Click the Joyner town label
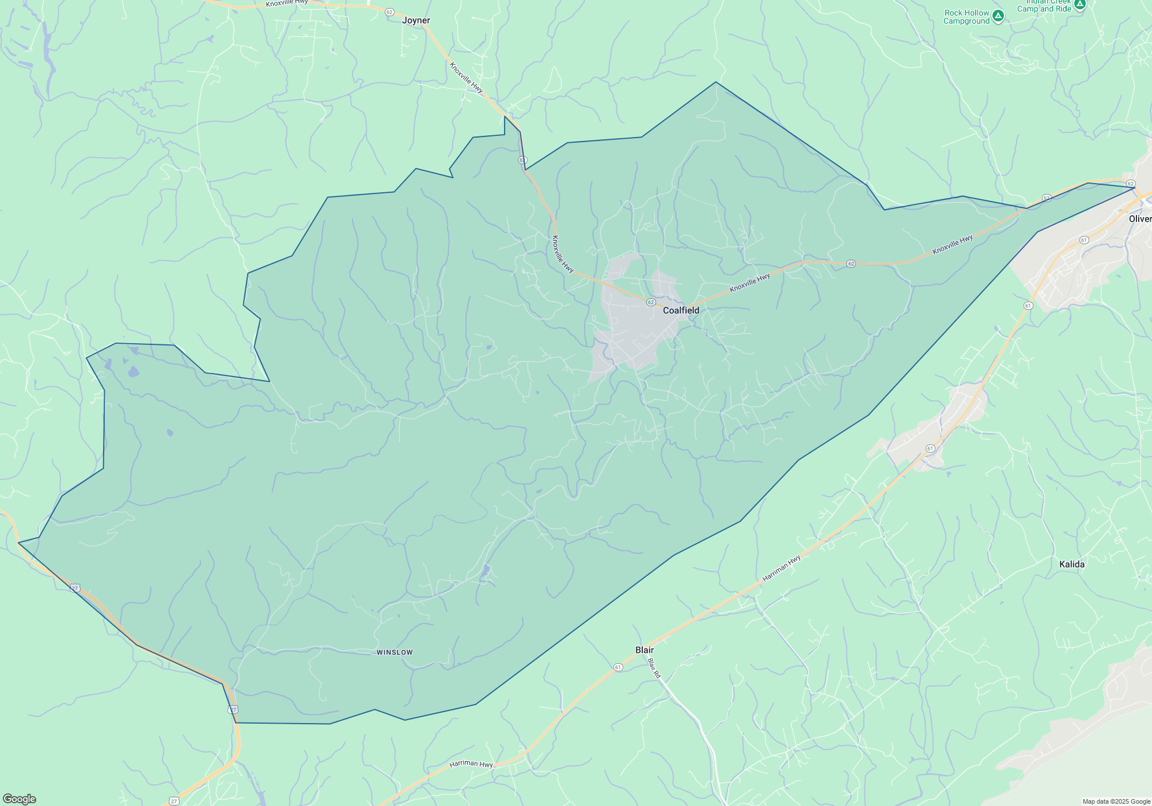pos(416,21)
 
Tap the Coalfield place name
pos(681,310)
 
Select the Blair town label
pos(645,650)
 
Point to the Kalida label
pos(1071,564)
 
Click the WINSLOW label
pos(395,652)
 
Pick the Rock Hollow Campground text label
pos(967,17)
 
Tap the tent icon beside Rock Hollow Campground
pos(998,16)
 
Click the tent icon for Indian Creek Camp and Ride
pos(1079,5)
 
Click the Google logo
pos(20,799)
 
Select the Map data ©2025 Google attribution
pos(1116,801)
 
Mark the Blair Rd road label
pos(654,668)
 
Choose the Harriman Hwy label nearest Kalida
pos(782,568)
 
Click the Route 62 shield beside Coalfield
pos(651,302)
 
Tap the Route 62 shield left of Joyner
pos(389,12)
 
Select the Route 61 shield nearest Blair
pos(618,667)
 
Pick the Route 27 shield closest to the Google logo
pos(174,801)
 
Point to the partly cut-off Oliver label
pos(1140,219)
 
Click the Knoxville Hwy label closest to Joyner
pos(466,78)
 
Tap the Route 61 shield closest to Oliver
pos(1084,240)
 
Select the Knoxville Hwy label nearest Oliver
pos(953,245)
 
